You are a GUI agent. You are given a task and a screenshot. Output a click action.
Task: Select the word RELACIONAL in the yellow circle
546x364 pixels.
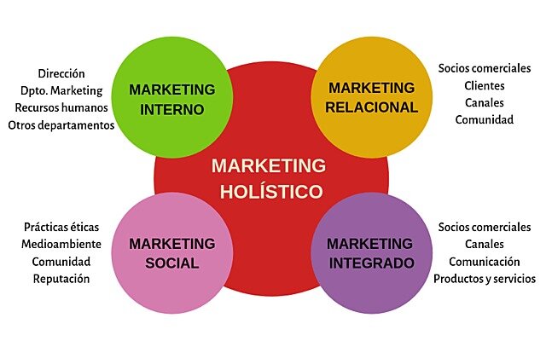coord(371,107)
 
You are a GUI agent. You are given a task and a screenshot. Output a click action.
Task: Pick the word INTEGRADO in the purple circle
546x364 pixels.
coord(371,263)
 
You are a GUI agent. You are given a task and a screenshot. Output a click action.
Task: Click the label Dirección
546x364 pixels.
coord(61,73)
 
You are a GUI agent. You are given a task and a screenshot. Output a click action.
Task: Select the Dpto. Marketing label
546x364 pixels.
coord(61,90)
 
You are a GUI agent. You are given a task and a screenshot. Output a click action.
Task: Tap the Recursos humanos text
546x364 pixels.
coord(61,107)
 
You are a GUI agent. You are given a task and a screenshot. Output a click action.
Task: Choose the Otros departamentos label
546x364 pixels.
coord(61,125)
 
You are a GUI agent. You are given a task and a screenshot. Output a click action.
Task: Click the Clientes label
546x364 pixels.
coord(485,85)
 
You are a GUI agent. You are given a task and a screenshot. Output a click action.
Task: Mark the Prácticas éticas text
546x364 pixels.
coord(61,228)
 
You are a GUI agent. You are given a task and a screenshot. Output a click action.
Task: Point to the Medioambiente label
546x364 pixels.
coord(61,245)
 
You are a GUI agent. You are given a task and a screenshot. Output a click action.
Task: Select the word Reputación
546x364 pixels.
coord(61,279)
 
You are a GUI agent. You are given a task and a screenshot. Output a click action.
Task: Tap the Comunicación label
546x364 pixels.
coord(485,262)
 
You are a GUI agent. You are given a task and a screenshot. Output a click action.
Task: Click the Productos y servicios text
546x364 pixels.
coord(485,279)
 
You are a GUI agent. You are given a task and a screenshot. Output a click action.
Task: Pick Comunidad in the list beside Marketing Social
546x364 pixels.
coord(61,262)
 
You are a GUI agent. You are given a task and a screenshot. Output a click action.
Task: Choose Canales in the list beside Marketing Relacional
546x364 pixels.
coord(485,102)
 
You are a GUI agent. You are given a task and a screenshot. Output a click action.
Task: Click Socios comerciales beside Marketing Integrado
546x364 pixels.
coord(485,228)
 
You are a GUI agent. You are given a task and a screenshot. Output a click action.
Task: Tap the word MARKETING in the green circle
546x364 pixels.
coord(172,90)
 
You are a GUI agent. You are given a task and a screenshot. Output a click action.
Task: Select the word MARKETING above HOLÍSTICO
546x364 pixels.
coord(269,165)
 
